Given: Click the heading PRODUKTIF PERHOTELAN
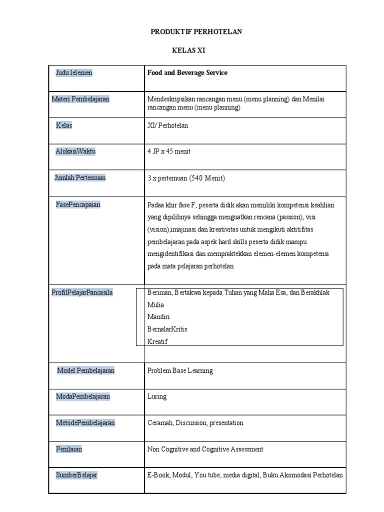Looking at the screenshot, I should (x=196, y=31).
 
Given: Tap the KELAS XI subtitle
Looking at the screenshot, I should (x=188, y=50).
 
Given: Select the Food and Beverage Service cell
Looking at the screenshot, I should (x=187, y=73).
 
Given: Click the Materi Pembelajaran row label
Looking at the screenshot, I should (x=80, y=99).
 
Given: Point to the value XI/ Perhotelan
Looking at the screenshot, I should (x=167, y=125).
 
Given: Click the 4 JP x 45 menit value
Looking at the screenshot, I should (x=168, y=151).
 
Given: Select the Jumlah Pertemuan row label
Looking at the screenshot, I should (x=80, y=177).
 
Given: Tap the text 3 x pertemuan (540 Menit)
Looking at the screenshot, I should (x=186, y=178).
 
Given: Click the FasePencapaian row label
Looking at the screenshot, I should (x=78, y=204).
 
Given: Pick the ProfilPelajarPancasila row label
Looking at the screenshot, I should (x=82, y=292).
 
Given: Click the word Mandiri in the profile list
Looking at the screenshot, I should (x=158, y=317).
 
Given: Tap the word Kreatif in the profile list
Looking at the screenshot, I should (x=157, y=342).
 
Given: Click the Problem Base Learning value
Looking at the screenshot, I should (x=180, y=370).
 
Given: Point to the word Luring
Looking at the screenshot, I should (x=157, y=396).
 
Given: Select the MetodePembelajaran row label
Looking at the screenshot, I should (x=85, y=423).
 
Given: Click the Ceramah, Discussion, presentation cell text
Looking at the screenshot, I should (x=195, y=423).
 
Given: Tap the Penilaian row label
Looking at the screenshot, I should (x=69, y=449).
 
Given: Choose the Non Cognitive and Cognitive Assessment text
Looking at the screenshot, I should (x=205, y=449).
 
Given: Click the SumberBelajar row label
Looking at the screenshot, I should (x=76, y=475).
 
